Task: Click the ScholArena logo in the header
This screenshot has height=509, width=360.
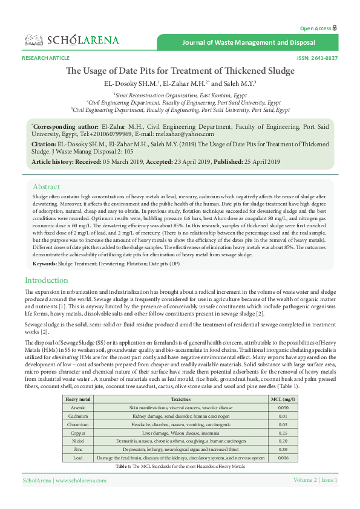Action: [x=72, y=41]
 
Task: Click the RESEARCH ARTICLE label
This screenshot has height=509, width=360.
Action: [x=45, y=58]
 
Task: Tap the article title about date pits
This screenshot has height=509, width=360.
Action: [x=180, y=71]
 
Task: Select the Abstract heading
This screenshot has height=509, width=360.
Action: [x=46, y=187]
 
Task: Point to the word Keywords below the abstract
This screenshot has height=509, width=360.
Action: [x=44, y=264]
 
